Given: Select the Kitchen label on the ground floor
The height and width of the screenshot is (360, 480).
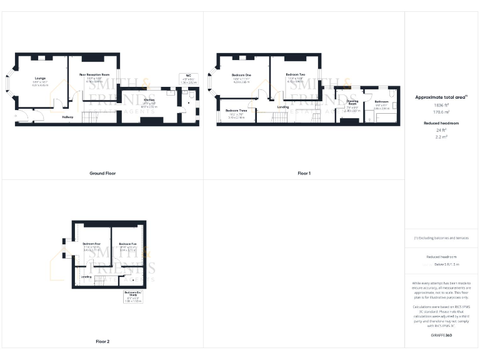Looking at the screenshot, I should [x=149, y=100].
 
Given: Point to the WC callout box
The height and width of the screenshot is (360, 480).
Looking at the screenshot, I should [x=188, y=79].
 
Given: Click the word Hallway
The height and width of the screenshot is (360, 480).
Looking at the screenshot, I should [x=67, y=117].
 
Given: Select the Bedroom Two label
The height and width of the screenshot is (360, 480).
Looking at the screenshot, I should [x=296, y=74].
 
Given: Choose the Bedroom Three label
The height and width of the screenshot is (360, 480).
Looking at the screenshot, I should [x=236, y=111].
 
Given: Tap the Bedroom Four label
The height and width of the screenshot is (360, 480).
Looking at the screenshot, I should [x=91, y=242].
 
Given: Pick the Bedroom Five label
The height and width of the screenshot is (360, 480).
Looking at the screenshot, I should [x=127, y=243].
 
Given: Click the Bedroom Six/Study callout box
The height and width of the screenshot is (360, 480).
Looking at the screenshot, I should [x=132, y=296].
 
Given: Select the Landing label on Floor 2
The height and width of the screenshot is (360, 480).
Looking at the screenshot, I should [x=86, y=276].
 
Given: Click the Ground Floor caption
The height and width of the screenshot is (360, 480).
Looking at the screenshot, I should [x=102, y=173].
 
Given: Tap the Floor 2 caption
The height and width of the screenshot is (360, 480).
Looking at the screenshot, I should [x=102, y=342].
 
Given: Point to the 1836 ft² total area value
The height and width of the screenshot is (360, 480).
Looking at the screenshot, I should [x=442, y=105].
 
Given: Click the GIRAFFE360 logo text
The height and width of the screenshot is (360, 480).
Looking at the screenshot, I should [x=442, y=336].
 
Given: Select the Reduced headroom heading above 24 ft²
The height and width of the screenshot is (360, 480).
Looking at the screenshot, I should [x=442, y=123].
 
